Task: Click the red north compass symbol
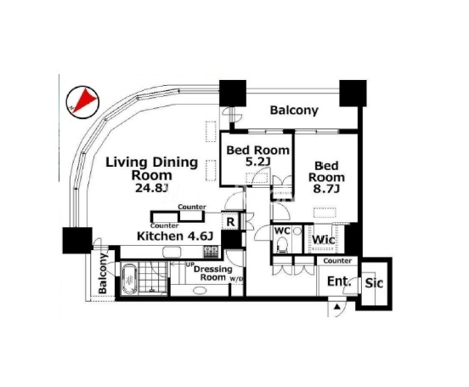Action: [x=82, y=102]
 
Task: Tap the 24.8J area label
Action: [x=152, y=188]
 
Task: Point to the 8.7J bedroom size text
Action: [x=326, y=189]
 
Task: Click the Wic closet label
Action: [x=324, y=240]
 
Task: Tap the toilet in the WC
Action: [x=282, y=244]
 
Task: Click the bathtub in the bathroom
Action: [x=130, y=279]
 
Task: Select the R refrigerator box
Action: [x=230, y=221]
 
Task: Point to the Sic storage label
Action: [x=374, y=282]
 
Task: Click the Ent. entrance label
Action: [x=339, y=282]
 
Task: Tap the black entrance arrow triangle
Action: [x=337, y=307]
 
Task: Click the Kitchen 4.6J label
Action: [x=175, y=236]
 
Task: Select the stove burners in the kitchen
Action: [x=212, y=252]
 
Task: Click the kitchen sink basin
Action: [x=172, y=252]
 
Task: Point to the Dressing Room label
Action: [x=213, y=273]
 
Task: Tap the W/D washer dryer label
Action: [x=236, y=280]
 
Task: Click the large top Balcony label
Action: [x=294, y=111]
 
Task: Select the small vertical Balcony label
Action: [x=103, y=273]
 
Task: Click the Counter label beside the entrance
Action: [x=337, y=261]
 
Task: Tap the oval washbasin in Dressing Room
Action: [x=200, y=290]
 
